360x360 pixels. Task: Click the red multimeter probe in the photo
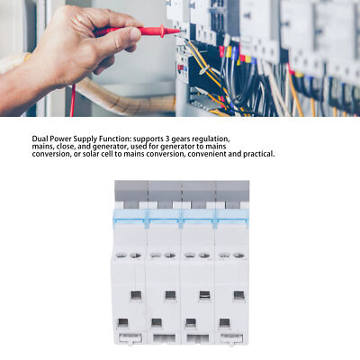tap(148, 31)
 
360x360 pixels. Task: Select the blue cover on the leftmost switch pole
tap(130, 220)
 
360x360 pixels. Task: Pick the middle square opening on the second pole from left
tap(168, 295)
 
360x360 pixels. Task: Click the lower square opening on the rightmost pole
tap(238, 322)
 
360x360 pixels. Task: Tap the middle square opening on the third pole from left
tap(203, 295)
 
